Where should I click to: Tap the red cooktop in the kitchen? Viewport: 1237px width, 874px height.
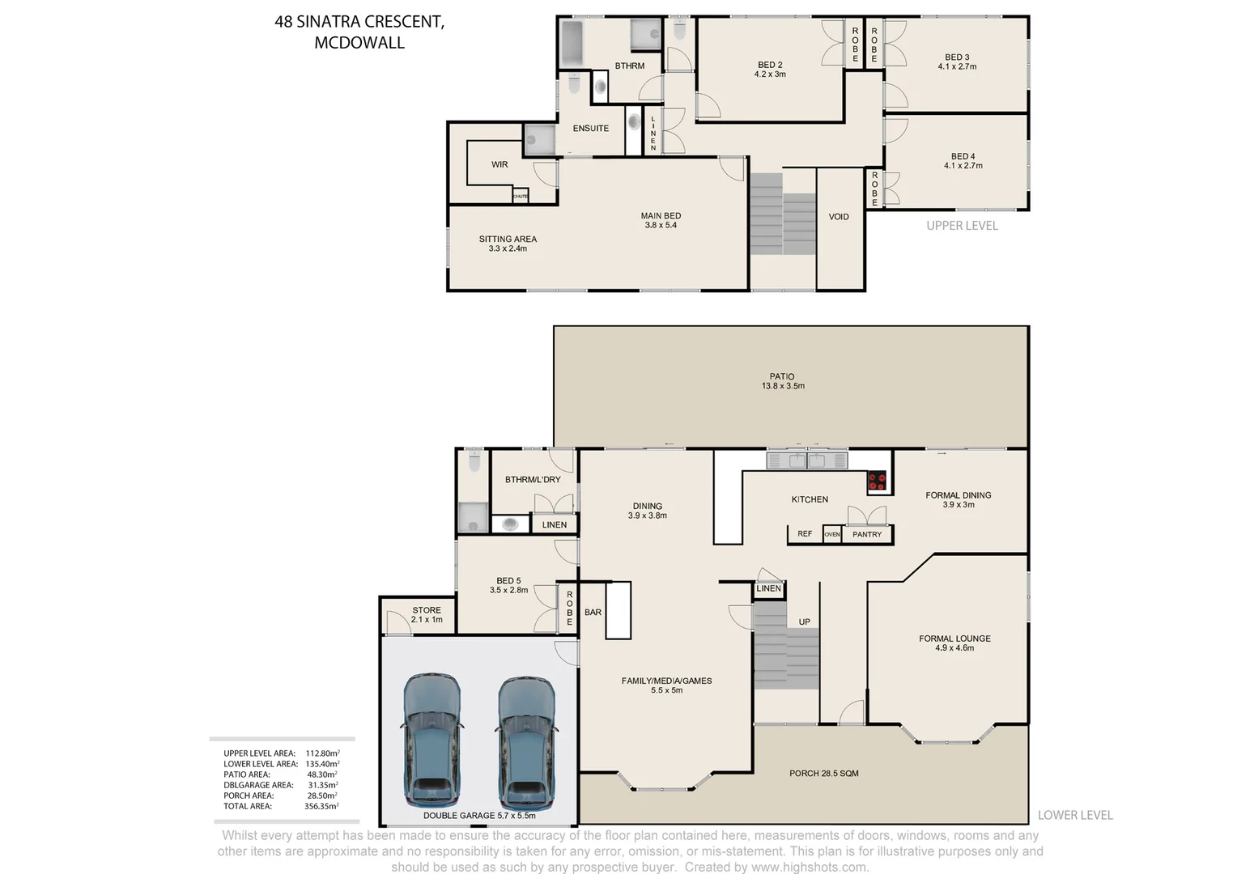pyautogui.click(x=877, y=482)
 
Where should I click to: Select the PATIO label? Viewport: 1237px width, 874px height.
pyautogui.click(x=782, y=377)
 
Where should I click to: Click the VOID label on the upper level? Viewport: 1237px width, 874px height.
pyautogui.click(x=839, y=217)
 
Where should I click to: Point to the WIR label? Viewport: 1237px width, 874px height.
pyautogui.click(x=499, y=165)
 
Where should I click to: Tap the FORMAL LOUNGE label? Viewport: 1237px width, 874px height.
pyautogui.click(x=954, y=639)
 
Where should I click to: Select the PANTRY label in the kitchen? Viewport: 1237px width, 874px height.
pyautogui.click(x=866, y=535)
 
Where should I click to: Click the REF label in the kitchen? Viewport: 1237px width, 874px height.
pyautogui.click(x=805, y=534)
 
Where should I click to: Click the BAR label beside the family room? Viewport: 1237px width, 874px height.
pyautogui.click(x=593, y=613)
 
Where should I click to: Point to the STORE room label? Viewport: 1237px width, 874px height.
pyautogui.click(x=427, y=611)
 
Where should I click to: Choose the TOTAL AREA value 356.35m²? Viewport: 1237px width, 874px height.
pyautogui.click(x=322, y=807)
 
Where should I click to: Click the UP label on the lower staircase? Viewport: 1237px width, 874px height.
pyautogui.click(x=804, y=622)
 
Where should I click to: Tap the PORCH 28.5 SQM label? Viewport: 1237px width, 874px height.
pyautogui.click(x=823, y=774)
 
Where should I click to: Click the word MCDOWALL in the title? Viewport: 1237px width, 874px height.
pyautogui.click(x=359, y=44)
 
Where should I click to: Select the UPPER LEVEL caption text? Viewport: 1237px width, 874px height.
pyautogui.click(x=962, y=226)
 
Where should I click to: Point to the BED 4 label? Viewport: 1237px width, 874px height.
pyautogui.click(x=963, y=157)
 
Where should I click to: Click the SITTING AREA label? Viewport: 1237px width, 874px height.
pyautogui.click(x=508, y=240)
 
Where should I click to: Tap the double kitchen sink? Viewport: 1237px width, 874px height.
pyautogui.click(x=806, y=461)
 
